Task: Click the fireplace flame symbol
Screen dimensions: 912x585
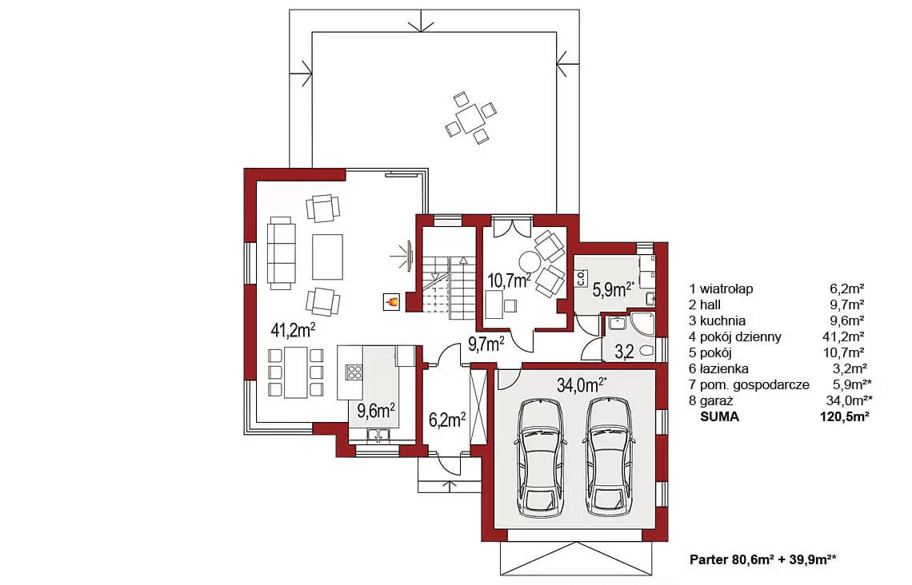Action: pyautogui.click(x=392, y=301)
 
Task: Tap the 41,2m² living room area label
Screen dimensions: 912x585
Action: pyautogui.click(x=293, y=331)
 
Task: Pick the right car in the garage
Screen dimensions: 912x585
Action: pyautogui.click(x=609, y=458)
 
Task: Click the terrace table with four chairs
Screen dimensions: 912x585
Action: pyautogui.click(x=471, y=118)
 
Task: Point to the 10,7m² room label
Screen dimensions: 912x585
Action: pyautogui.click(x=509, y=281)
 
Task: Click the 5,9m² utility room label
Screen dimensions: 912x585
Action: pyautogui.click(x=613, y=289)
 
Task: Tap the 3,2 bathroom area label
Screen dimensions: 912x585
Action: pyautogui.click(x=624, y=352)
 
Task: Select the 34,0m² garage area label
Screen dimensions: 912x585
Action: pyautogui.click(x=582, y=385)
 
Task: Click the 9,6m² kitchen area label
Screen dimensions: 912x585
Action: pyautogui.click(x=376, y=412)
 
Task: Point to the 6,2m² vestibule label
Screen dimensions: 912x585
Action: pyautogui.click(x=446, y=420)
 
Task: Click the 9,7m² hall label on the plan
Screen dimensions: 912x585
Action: pyautogui.click(x=486, y=344)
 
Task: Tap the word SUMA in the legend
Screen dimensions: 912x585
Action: pyautogui.click(x=719, y=416)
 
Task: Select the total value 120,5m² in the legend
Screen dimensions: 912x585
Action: pyautogui.click(x=842, y=416)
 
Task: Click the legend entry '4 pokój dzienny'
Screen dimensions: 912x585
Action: pyautogui.click(x=735, y=337)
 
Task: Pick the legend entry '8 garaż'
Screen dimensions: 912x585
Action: pyautogui.click(x=711, y=401)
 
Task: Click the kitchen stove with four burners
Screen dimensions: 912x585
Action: pyautogui.click(x=354, y=372)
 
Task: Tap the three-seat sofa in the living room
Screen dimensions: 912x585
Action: pyautogui.click(x=281, y=253)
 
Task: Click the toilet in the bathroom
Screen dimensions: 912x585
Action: pyautogui.click(x=646, y=351)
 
